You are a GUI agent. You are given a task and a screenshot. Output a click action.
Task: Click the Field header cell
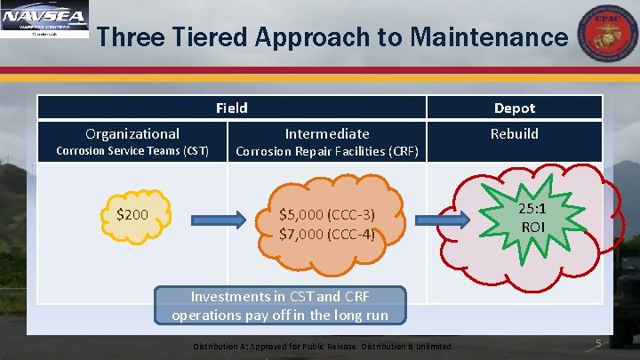tap(231, 108)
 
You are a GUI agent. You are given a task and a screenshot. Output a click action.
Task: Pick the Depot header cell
tap(515, 108)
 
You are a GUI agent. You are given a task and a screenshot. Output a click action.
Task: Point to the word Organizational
tap(132, 133)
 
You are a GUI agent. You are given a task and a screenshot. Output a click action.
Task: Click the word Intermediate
tap(327, 133)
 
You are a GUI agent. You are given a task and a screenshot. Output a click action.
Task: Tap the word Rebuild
tap(515, 133)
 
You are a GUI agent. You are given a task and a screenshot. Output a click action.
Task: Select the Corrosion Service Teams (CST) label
tap(132, 151)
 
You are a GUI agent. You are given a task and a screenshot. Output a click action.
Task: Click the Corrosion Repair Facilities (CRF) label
tap(327, 151)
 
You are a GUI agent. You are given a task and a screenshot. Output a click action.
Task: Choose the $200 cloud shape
tap(132, 214)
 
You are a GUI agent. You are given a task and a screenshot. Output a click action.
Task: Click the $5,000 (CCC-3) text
tap(327, 214)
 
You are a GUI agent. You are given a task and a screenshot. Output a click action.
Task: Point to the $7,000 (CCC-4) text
tap(327, 234)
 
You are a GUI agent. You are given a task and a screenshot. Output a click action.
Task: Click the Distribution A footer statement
tap(323, 346)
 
